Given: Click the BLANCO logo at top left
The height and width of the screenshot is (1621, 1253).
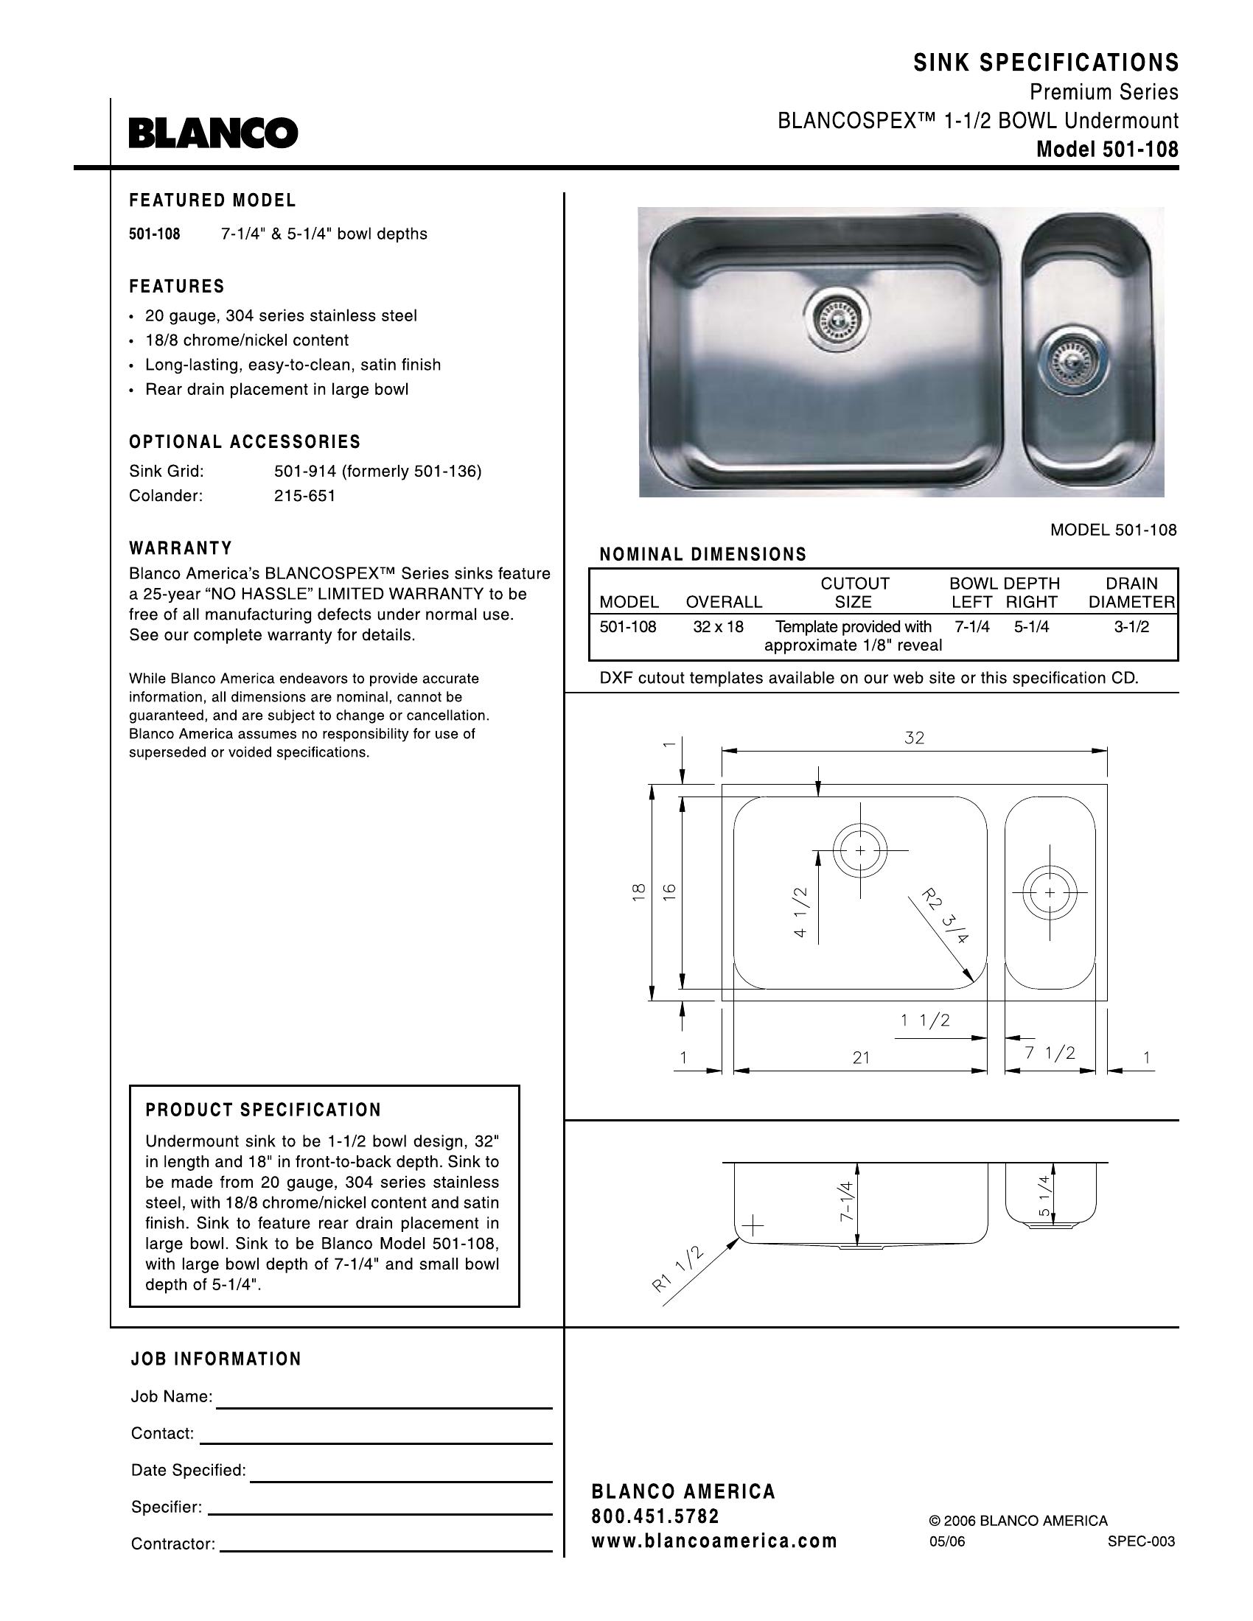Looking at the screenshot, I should (x=213, y=133).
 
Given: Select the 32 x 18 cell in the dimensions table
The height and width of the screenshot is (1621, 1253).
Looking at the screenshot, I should (x=718, y=626).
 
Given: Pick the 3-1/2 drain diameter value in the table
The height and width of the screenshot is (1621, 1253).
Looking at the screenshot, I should (x=1131, y=626).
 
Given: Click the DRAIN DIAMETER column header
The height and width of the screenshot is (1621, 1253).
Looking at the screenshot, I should (x=1131, y=592).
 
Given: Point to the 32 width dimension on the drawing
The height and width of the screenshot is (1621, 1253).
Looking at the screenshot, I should (x=914, y=738).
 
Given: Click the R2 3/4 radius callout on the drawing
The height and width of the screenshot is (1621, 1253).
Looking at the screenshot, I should (x=944, y=917).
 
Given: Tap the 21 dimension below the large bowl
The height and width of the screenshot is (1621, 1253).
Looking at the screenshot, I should (x=860, y=1057).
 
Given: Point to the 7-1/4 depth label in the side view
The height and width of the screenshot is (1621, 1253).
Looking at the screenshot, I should (x=847, y=1201).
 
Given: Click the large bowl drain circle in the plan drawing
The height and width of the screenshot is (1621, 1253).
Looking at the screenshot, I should (x=859, y=850).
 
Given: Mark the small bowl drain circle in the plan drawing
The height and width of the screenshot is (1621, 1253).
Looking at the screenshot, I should (x=1050, y=893).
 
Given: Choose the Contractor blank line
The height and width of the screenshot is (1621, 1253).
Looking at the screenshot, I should (x=386, y=1550).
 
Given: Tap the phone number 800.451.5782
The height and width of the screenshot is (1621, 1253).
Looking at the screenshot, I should (x=655, y=1516).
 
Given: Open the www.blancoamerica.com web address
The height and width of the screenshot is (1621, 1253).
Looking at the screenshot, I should (x=714, y=1541).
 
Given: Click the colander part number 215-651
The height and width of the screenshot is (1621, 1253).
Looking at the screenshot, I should (x=304, y=496).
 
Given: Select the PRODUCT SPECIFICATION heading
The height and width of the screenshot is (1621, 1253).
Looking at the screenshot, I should (x=264, y=1110).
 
